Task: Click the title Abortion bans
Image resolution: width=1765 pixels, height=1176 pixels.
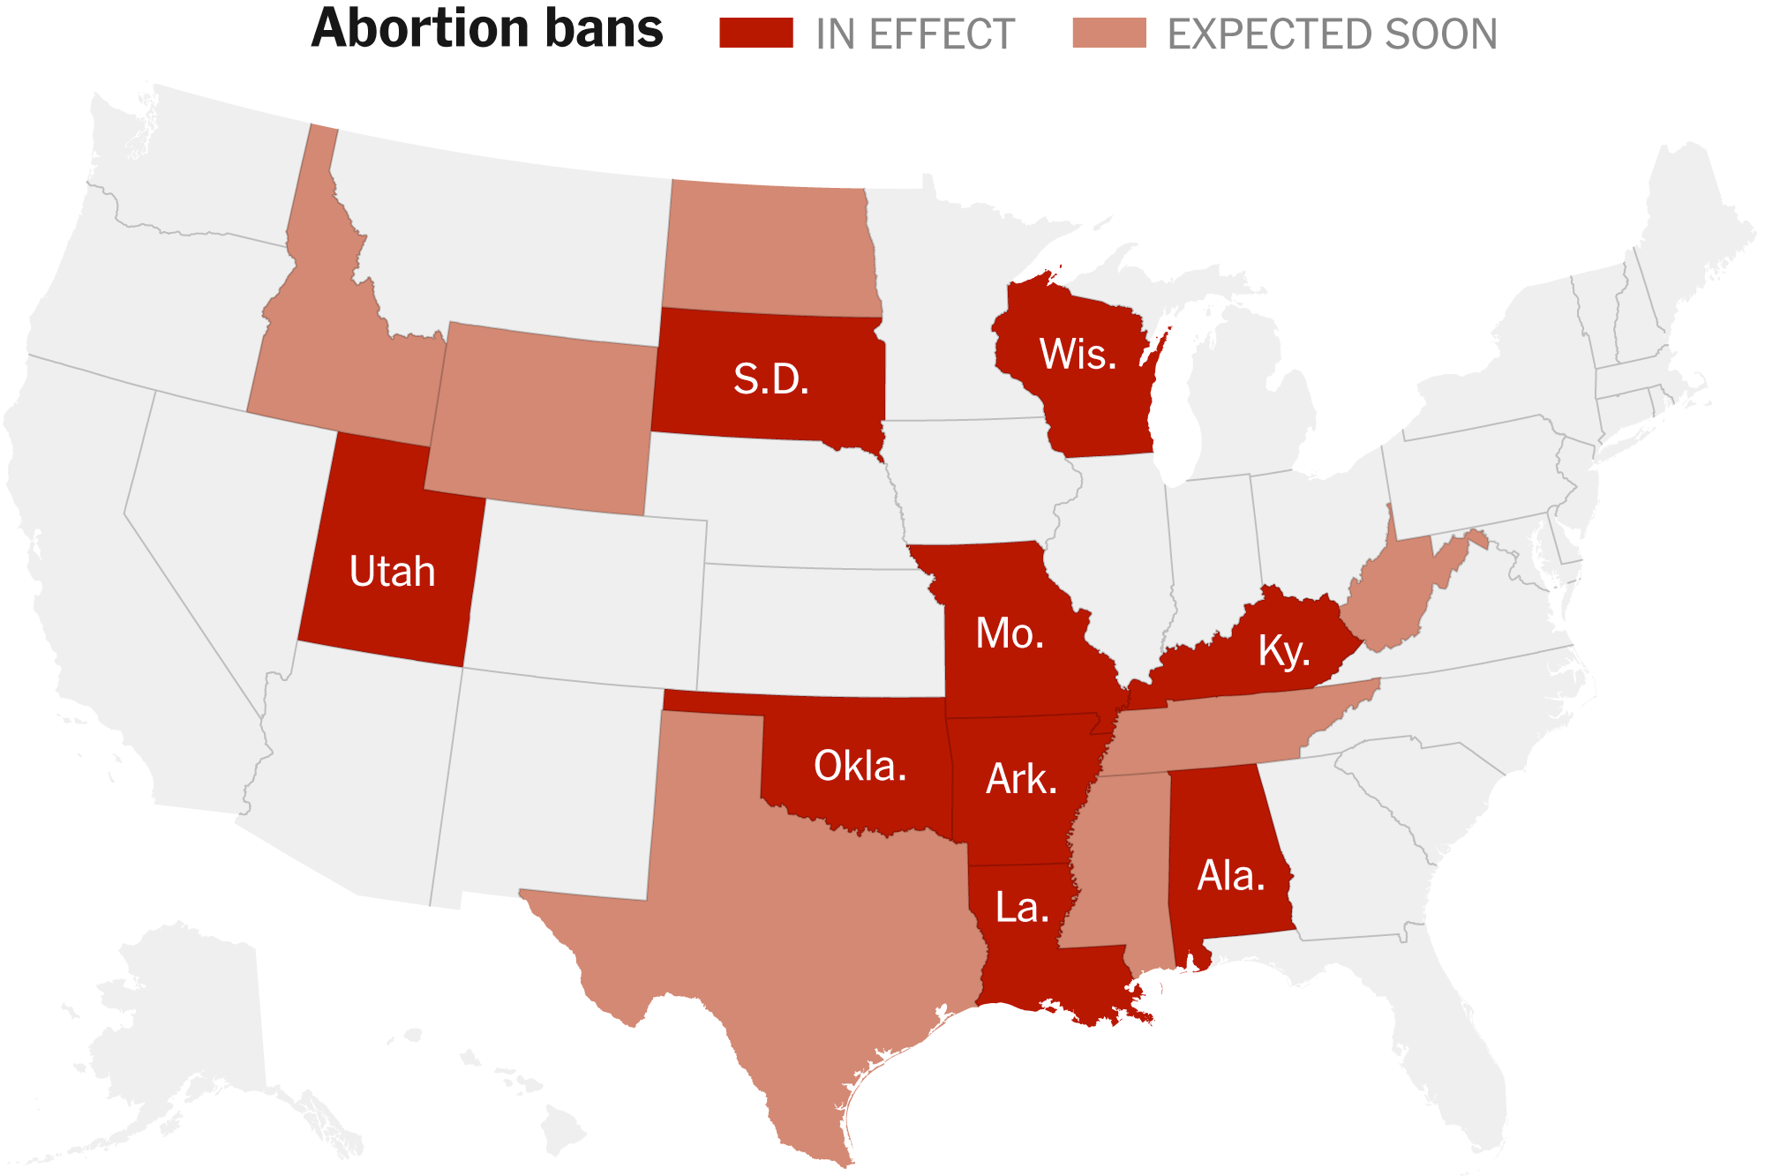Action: (487, 29)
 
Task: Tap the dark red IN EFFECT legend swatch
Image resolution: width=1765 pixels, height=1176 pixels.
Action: (755, 33)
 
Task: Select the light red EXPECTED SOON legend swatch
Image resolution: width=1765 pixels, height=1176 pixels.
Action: (1108, 33)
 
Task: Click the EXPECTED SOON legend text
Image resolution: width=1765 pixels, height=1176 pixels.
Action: (1332, 34)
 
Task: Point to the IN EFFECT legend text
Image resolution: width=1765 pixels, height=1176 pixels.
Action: (915, 34)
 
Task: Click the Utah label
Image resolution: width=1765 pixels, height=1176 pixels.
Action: (393, 572)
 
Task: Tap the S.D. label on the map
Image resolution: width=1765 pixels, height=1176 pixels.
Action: (771, 379)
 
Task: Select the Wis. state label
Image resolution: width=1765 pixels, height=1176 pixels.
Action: (1078, 355)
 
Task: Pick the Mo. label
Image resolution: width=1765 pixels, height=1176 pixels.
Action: (1010, 633)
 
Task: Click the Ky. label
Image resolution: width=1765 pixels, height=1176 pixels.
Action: (1283, 651)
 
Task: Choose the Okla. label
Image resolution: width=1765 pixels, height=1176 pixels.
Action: (860, 766)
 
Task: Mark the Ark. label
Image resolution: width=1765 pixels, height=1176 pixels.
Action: (1021, 779)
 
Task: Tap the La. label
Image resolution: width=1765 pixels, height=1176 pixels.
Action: (1022, 908)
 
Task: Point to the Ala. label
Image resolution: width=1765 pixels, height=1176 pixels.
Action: (1231, 876)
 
